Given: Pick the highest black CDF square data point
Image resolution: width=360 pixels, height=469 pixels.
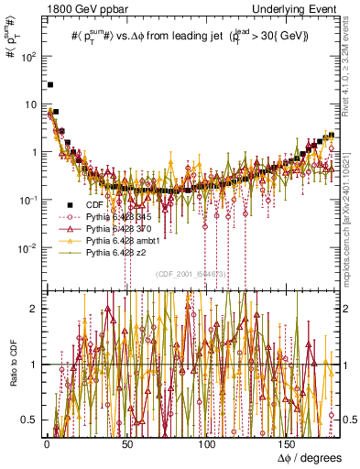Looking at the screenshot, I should coord(50,84).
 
